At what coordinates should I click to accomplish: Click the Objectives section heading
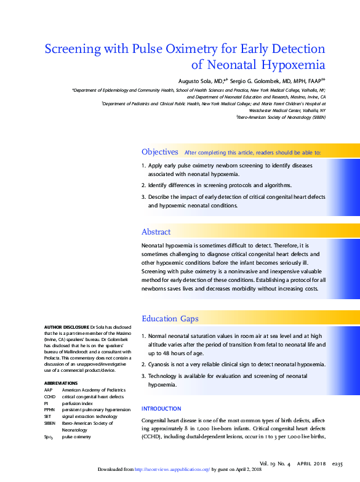tap(160, 151)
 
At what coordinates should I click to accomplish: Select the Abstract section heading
tap(156, 231)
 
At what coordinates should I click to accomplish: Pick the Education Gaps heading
tap(170, 318)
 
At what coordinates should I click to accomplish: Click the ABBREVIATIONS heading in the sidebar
tap(60, 383)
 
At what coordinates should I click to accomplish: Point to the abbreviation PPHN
tap(50, 409)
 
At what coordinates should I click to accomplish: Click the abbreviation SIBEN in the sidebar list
tap(50, 422)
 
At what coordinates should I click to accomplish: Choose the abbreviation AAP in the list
tap(48, 390)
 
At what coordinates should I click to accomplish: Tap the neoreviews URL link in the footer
tap(173, 469)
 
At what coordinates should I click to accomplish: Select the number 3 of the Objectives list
tap(143, 196)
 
